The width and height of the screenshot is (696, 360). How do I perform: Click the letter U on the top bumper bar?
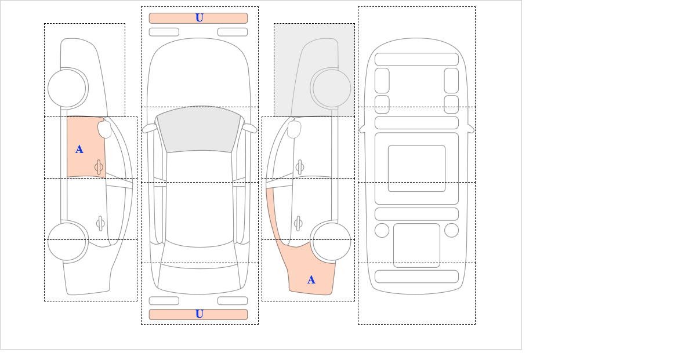[x=200, y=18]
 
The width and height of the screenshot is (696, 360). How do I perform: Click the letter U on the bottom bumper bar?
[x=200, y=314]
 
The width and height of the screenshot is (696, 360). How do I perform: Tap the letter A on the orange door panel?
[x=79, y=150]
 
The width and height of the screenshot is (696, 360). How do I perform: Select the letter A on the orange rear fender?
[x=311, y=280]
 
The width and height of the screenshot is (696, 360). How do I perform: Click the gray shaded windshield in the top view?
[x=199, y=130]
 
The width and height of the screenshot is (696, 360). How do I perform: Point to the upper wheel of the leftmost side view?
[x=68, y=88]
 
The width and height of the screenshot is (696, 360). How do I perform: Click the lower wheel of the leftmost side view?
[x=68, y=241]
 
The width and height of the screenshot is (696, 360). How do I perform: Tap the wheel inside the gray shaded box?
[x=331, y=88]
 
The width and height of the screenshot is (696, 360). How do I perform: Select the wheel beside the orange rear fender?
[x=331, y=241]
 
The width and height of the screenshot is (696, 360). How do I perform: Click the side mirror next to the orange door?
[x=105, y=129]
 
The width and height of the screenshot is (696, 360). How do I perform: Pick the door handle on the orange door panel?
[x=99, y=168]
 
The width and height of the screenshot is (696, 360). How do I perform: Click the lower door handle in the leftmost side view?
[x=100, y=223]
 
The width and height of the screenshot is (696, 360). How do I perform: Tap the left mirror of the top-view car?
[x=149, y=128]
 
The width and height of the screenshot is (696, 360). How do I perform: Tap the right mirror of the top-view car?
[x=249, y=128]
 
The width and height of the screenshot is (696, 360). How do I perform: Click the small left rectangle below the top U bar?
[x=164, y=32]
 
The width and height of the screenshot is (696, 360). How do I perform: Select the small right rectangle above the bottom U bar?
[x=233, y=301]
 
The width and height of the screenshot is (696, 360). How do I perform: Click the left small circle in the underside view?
[x=382, y=231]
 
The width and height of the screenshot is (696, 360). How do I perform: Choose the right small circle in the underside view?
[x=451, y=231]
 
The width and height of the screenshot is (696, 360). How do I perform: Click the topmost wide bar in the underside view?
[x=416, y=59]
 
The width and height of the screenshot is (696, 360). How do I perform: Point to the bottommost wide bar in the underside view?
[x=416, y=277]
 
